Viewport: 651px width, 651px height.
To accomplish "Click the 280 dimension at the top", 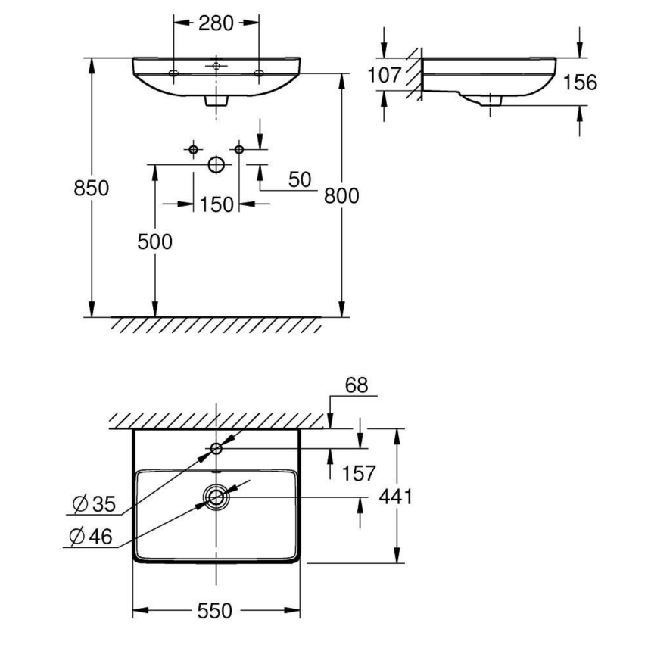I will pos(216,23).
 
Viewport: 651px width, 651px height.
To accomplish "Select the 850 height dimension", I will pos(91,188).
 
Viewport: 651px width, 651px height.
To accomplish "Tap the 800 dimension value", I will pos(341,195).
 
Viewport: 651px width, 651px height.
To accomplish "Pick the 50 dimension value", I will pos(300,179).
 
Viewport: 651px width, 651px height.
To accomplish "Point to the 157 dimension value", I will pos(358,473).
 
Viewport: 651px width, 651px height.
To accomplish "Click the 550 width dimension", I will pos(216,610).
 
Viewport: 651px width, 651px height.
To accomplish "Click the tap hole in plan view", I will pos(216,449).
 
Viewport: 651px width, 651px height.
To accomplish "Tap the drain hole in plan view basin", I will pos(216,497).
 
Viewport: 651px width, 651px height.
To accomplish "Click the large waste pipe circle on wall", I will pos(216,164).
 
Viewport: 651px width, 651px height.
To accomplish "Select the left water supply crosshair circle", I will pos(194,150).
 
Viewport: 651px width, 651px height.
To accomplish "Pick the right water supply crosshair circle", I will pos(239,150).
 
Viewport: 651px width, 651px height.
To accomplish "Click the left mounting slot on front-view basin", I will pos(173,73).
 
